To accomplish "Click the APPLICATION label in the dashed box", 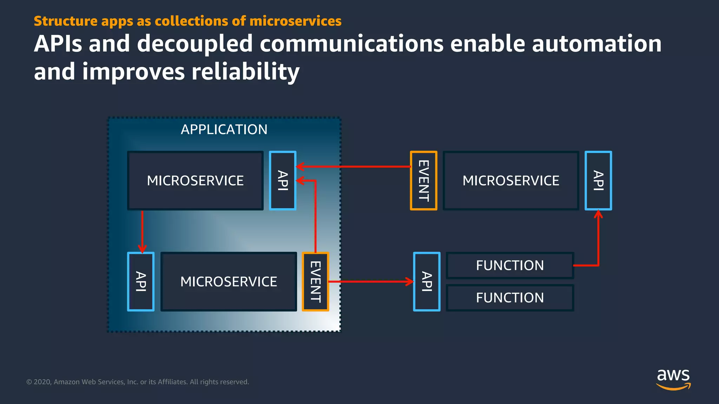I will pos(224,129).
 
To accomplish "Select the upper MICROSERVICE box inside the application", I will pos(195,181).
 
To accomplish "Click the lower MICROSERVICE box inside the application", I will pos(229,282).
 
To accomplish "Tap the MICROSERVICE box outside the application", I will pos(511,181).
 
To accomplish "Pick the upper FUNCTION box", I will pos(510,265).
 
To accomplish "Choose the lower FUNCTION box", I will pos(510,298).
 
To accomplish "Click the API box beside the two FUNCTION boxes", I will pos(427,282).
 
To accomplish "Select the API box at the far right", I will pos(598,181).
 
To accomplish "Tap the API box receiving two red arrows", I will pos(283,181).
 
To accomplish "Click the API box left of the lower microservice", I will pos(141,282).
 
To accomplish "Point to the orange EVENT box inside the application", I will pos(315,282).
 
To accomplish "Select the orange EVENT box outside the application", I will pos(423,181).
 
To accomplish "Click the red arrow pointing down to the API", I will pos(142,231).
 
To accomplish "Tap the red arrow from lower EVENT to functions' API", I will pos(370,281).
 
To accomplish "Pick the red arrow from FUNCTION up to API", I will pos(598,242).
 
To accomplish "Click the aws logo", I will pos(673,379).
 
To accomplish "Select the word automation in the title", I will pos(596,44).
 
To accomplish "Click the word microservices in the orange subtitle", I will pos(295,21).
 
